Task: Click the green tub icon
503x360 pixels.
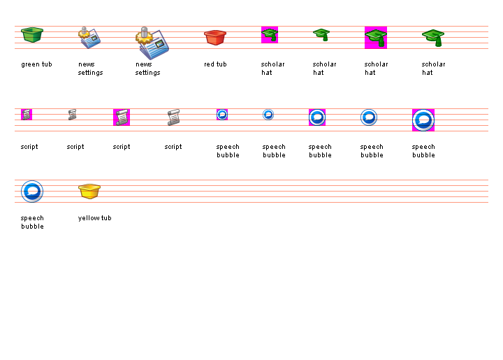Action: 32,34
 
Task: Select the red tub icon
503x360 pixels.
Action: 215,37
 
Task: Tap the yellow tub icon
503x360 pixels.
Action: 89,191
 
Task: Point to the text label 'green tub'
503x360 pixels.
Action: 36,64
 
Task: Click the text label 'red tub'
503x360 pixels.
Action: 215,64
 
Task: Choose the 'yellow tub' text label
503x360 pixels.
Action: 94,218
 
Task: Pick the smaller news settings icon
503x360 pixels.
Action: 89,37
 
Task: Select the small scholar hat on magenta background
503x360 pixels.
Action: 270,35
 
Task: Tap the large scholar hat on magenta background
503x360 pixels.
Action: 376,38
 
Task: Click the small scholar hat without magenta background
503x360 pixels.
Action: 321,35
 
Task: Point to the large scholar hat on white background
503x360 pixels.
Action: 433,38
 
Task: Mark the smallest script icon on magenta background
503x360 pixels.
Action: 27,115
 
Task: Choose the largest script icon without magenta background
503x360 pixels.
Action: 173,117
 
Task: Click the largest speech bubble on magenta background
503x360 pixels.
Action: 423,120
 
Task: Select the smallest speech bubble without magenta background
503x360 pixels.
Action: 268,115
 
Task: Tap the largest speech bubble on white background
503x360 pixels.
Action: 32,192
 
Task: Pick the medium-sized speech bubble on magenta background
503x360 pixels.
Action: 317,117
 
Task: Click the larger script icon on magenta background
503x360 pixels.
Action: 122,117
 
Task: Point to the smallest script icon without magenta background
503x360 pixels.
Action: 73,115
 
